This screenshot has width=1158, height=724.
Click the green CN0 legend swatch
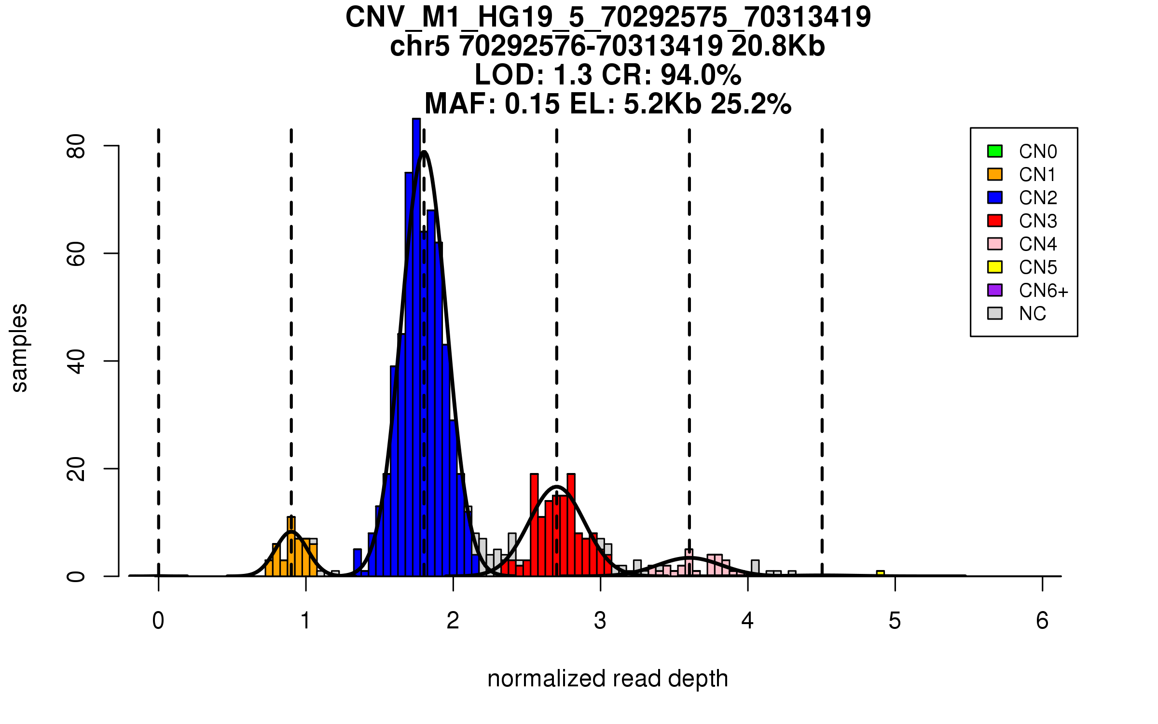tap(995, 151)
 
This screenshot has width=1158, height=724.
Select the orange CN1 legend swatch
tap(995, 174)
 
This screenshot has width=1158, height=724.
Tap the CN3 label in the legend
tap(1038, 221)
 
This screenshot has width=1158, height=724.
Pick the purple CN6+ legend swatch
tap(995, 290)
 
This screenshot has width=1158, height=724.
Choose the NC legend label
tap(1033, 314)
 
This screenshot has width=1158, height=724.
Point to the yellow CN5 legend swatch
tap(995, 267)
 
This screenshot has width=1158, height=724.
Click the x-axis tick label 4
tap(747, 621)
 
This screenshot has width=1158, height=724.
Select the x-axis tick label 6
tap(1042, 621)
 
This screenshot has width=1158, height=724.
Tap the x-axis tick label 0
tap(158, 621)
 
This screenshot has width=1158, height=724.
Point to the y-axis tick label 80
tap(76, 146)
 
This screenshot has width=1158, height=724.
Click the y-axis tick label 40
tap(76, 361)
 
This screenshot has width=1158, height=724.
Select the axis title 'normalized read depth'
tap(607, 679)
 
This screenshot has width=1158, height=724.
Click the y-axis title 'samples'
tap(19, 348)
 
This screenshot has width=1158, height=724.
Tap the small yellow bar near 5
tap(881, 573)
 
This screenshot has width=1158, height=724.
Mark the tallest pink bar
tap(689, 562)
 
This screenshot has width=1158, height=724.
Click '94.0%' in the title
tap(701, 75)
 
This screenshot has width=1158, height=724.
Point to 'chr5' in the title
tap(420, 46)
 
